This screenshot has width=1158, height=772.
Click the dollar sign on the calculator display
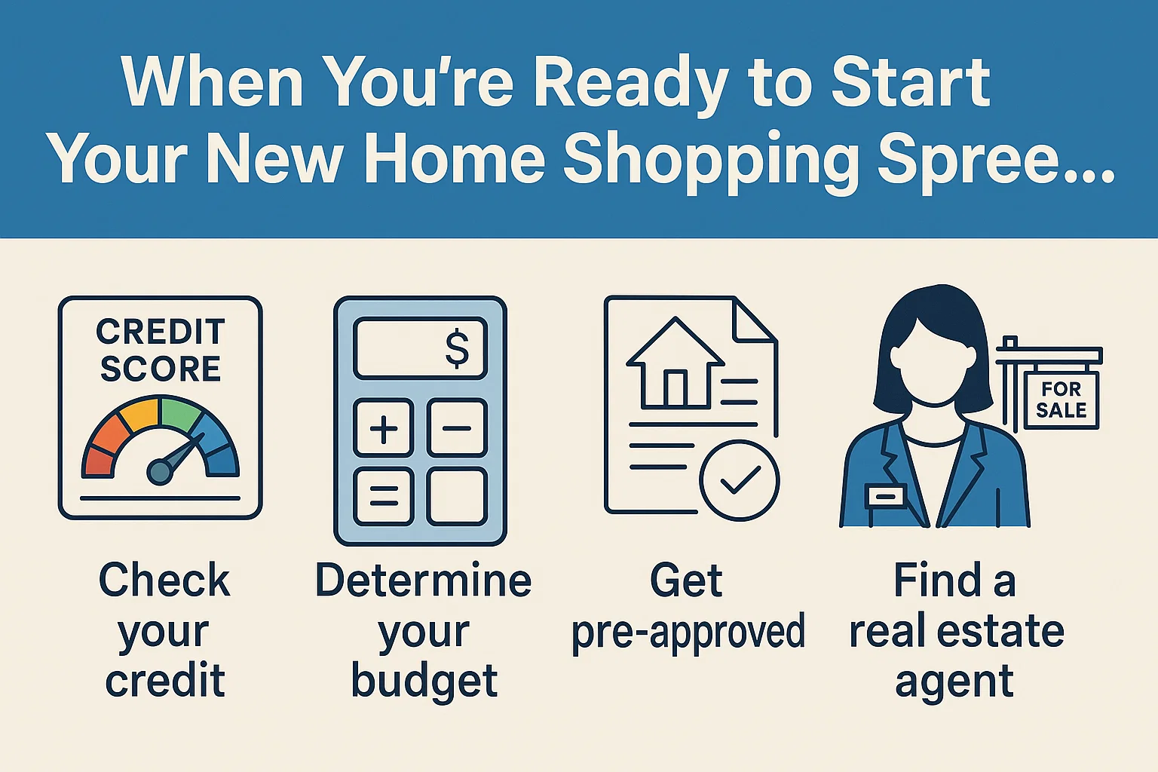point(457,348)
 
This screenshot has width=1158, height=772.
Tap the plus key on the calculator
point(384,428)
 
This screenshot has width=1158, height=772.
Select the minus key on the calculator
point(457,428)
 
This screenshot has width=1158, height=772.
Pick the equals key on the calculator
point(384,496)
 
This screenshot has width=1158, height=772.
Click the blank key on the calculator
point(457,496)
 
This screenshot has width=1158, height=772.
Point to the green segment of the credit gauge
point(181,415)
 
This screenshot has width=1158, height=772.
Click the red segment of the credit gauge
point(99,461)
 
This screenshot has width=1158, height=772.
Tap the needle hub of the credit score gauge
point(159,472)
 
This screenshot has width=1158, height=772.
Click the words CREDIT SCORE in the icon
point(161,350)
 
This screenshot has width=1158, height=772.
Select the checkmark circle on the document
point(739,480)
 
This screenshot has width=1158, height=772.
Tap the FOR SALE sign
point(1061,400)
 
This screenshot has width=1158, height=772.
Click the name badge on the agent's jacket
point(886,496)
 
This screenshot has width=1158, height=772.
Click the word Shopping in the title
point(711,159)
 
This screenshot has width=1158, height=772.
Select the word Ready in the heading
point(631,83)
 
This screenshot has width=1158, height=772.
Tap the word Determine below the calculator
point(423,581)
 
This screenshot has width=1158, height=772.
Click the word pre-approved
point(688,632)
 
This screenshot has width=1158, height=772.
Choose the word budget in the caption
point(424,682)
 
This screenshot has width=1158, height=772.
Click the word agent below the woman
point(954,683)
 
